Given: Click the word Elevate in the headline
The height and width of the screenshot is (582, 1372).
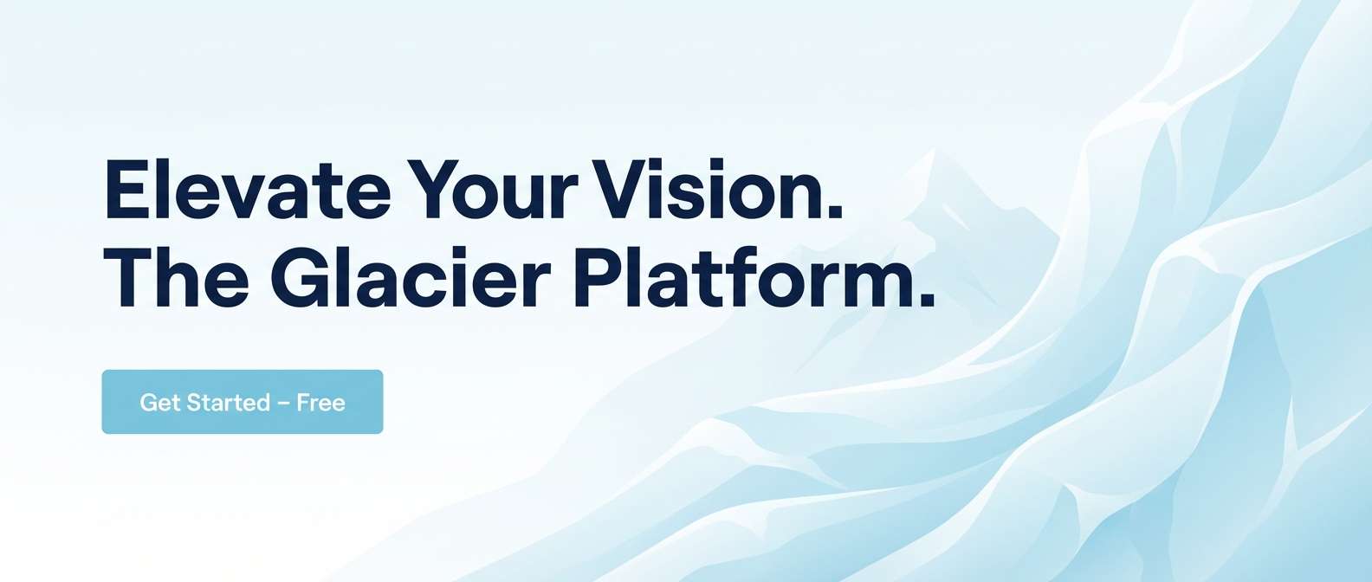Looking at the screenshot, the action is coord(248,189).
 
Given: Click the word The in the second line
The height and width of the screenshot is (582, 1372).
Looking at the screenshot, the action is coord(177,276).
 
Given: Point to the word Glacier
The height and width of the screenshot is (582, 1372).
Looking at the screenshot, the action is coord(411,276).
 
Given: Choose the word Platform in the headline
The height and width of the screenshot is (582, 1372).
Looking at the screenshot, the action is coord(741,276).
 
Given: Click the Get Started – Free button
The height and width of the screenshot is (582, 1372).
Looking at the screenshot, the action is coord(243,402).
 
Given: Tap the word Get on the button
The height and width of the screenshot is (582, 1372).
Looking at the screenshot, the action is coord(160,403).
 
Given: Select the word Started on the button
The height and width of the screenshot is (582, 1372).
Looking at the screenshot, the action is coord(228,403).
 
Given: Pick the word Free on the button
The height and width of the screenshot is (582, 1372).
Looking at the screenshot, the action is coord(321,403).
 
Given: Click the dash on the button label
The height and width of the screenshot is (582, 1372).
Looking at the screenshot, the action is coord(283,403).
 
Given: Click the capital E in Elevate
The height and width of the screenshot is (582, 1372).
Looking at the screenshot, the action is coord(127,189).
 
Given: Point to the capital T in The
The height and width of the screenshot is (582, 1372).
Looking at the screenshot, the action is coord(129,277).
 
